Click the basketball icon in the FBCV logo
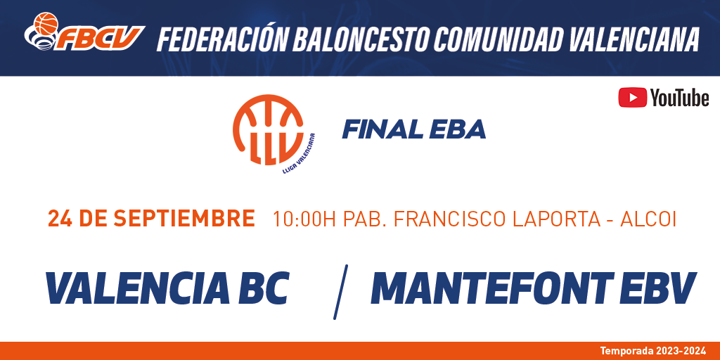pyautogui.click(x=46, y=23)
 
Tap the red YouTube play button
pyautogui.click(x=632, y=97)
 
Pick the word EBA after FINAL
pyautogui.click(x=457, y=130)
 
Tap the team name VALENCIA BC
pyautogui.click(x=167, y=288)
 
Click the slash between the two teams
pyautogui.click(x=340, y=292)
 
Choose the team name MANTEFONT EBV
pyautogui.click(x=534, y=288)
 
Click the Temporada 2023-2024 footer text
pyautogui.click(x=653, y=352)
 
